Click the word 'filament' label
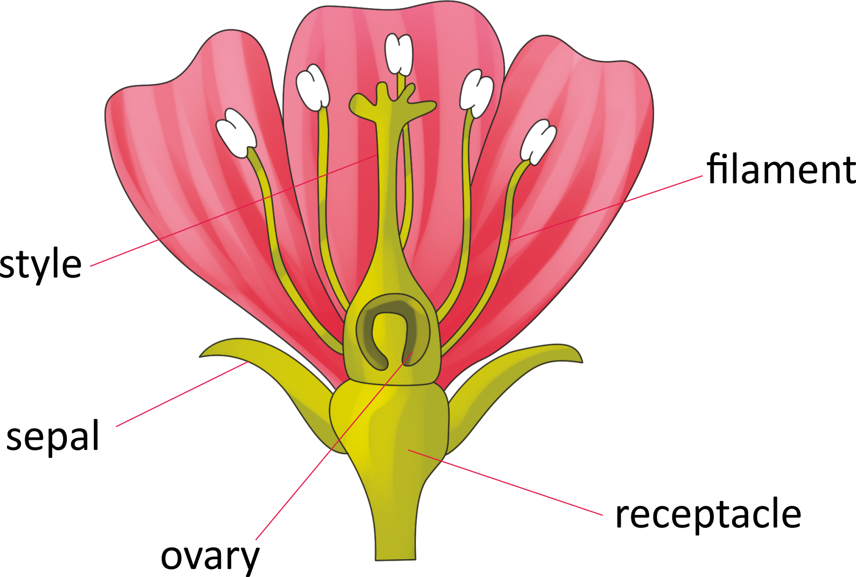point(781,169)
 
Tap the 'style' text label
point(41,265)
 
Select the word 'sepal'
point(53,436)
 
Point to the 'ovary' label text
point(210,557)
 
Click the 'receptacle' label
point(708,514)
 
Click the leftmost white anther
point(236,133)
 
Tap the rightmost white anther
point(538,142)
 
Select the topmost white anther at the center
point(399,54)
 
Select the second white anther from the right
point(476,93)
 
